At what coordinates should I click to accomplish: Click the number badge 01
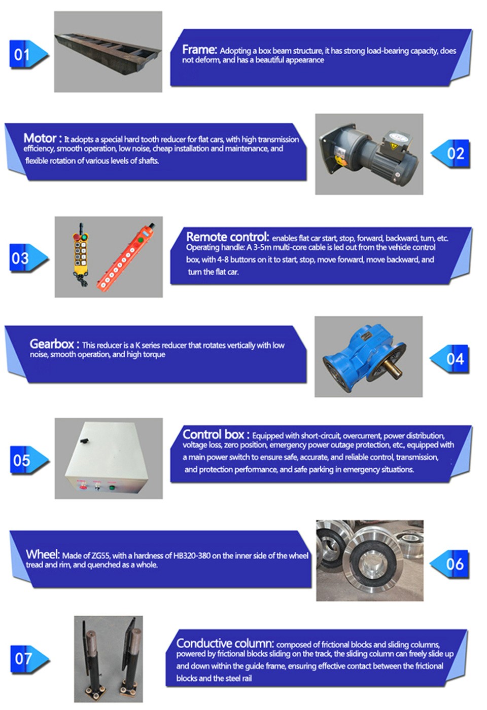pyautogui.click(x=28, y=54)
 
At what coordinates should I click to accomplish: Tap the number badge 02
pyautogui.click(x=450, y=154)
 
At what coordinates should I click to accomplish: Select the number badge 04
pyautogui.click(x=449, y=359)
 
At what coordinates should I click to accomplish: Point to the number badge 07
pyautogui.click(x=30, y=659)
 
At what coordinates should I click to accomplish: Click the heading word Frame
pyautogui.click(x=199, y=50)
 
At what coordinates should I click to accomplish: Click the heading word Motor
pyautogui.click(x=40, y=138)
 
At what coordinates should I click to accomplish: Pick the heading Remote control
pyautogui.click(x=227, y=237)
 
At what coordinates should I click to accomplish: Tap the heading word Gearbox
pyautogui.click(x=52, y=344)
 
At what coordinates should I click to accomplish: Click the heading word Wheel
pyautogui.click(x=43, y=554)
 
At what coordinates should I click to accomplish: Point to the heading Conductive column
pyautogui.click(x=224, y=643)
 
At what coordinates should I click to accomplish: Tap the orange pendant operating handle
pyautogui.click(x=125, y=257)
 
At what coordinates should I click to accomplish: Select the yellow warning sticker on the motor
pyautogui.click(x=394, y=146)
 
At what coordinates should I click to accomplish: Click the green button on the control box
pyautogui.click(x=112, y=488)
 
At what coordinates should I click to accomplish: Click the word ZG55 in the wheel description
pyautogui.click(x=100, y=555)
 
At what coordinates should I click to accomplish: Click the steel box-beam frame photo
pyautogui.click(x=108, y=52)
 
